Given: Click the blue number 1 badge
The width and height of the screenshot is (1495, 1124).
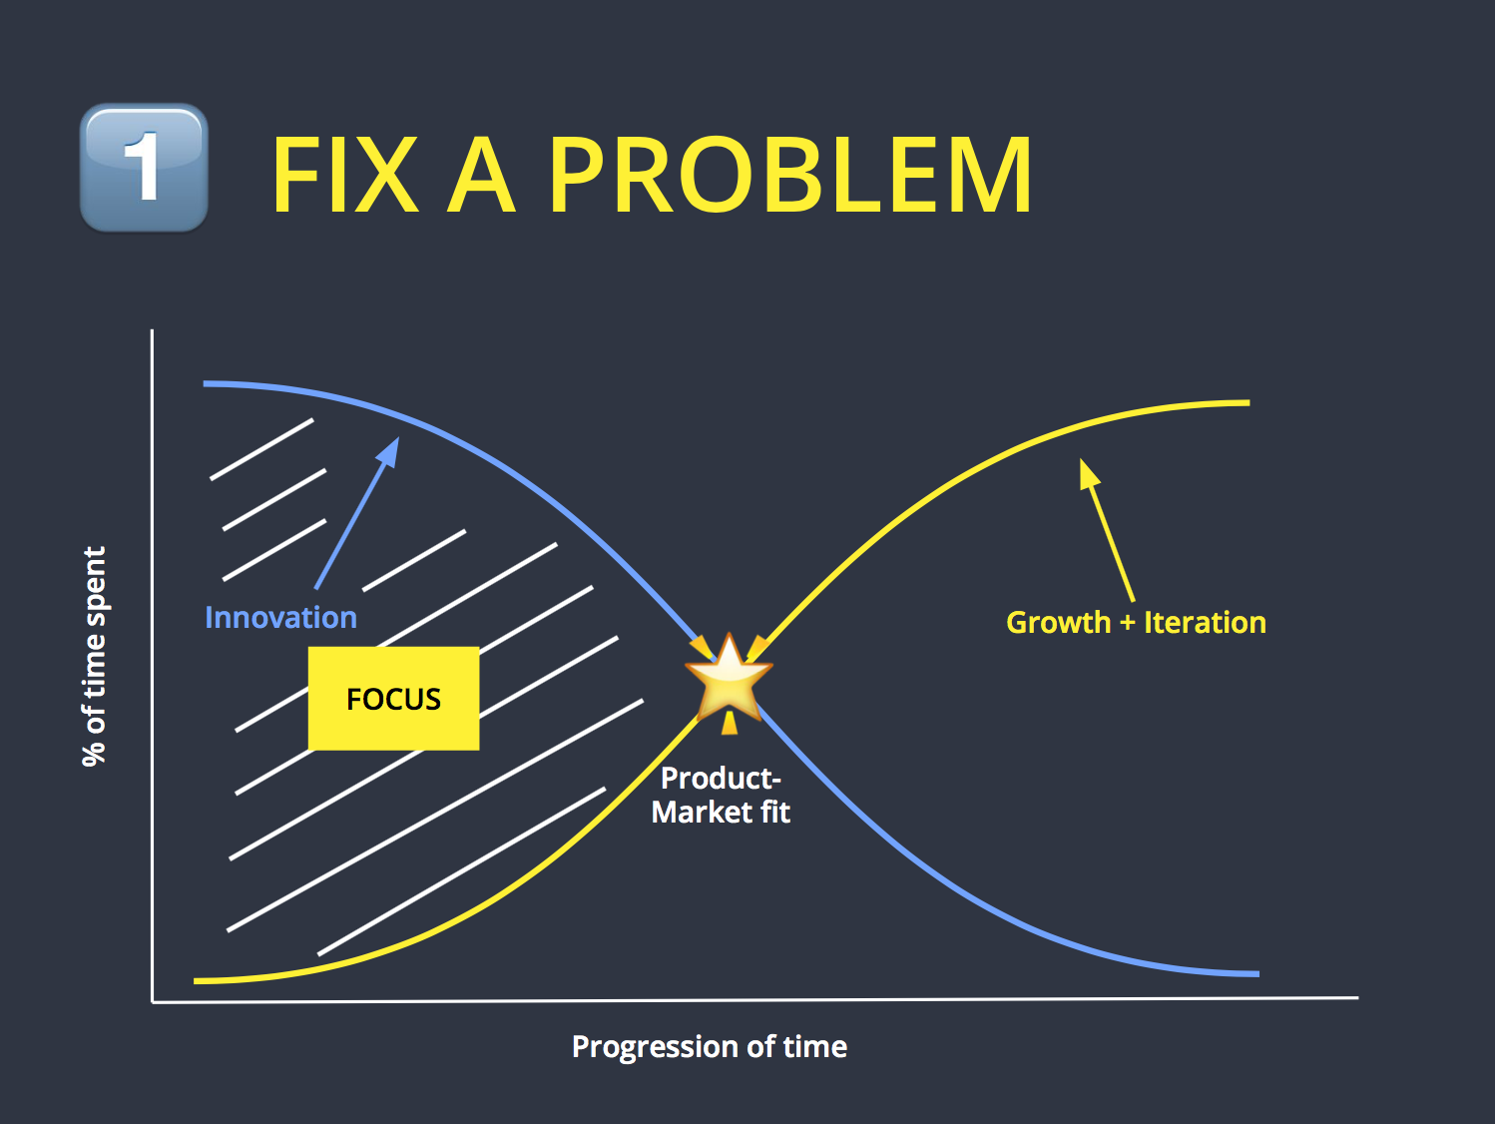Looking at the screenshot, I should [144, 168].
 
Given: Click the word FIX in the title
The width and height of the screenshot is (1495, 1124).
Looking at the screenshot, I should [344, 176].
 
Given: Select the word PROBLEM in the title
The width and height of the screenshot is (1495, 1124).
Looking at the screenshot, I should [790, 176].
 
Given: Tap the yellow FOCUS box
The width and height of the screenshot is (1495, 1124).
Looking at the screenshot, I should [393, 699].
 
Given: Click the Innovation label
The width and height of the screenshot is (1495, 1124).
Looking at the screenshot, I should [280, 618].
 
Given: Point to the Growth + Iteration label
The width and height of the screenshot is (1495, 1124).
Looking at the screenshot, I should [1136, 623].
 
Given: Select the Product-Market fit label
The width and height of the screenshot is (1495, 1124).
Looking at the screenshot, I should [721, 795].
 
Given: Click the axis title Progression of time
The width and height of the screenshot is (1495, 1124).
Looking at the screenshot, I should [709, 1046].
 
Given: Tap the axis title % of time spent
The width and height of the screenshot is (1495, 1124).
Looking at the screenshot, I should [94, 656].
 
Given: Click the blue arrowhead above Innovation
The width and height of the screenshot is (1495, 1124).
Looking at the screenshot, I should [389, 451].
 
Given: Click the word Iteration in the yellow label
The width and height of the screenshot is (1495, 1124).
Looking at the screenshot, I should [1205, 623].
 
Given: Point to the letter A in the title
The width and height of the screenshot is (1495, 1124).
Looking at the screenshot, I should [481, 176].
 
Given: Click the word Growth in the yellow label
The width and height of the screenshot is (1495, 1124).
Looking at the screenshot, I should [1058, 623].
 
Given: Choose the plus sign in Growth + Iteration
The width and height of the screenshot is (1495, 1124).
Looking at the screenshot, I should [1127, 624].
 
